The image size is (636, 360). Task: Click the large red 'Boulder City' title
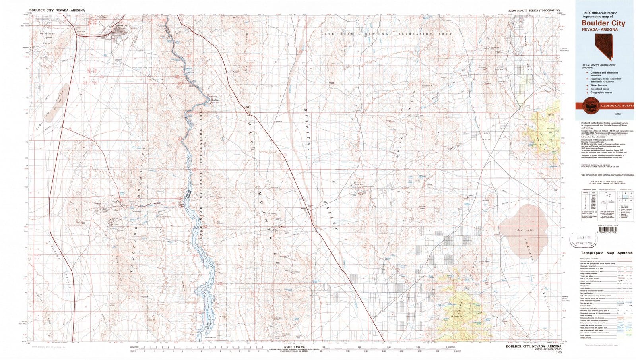click(603, 23)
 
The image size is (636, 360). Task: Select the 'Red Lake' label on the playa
click(522, 230)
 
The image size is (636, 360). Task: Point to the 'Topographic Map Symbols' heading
click(607, 253)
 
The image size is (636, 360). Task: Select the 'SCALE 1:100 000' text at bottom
click(294, 346)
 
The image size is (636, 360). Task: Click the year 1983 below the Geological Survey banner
click(617, 114)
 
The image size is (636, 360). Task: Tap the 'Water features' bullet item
click(599, 85)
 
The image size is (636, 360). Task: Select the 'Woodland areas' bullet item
click(599, 89)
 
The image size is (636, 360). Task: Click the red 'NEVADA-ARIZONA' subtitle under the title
click(599, 29)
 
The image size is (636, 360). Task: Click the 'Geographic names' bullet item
click(601, 92)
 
